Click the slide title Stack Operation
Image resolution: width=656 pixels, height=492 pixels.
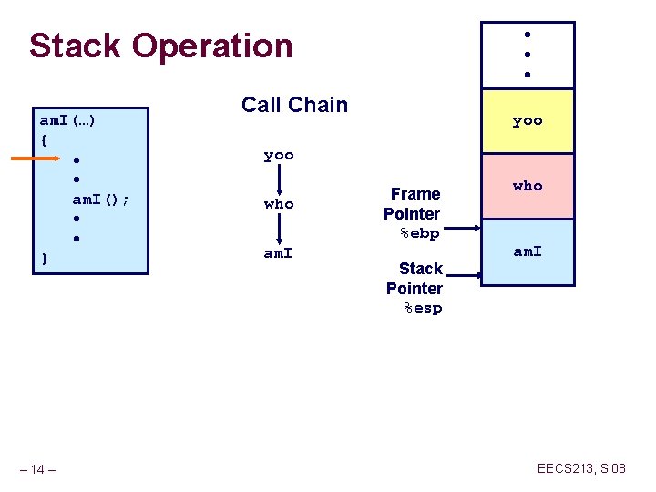pos(160,46)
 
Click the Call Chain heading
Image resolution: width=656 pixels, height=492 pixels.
pos(294,105)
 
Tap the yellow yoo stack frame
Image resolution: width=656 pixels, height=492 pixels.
pos(528,120)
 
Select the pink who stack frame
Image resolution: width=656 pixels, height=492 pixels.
pos(528,186)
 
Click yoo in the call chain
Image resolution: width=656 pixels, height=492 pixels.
pos(279,155)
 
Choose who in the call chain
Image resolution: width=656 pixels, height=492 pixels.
pos(279,204)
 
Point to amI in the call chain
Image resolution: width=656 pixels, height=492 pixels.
pos(279,253)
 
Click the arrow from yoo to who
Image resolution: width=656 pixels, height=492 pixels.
pos(279,179)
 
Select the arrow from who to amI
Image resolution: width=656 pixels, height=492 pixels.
pos(279,229)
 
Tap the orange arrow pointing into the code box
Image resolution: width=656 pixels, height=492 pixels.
pos(35,159)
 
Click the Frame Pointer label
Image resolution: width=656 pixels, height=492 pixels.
pos(413,203)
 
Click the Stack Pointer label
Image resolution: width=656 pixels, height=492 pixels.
pos(415,278)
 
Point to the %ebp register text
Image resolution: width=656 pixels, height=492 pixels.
pos(420,233)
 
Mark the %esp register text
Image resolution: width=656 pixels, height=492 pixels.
pos(423,308)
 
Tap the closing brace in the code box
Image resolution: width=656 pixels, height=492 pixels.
pos(45,259)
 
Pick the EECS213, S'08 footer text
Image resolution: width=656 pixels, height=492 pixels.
pos(581,468)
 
